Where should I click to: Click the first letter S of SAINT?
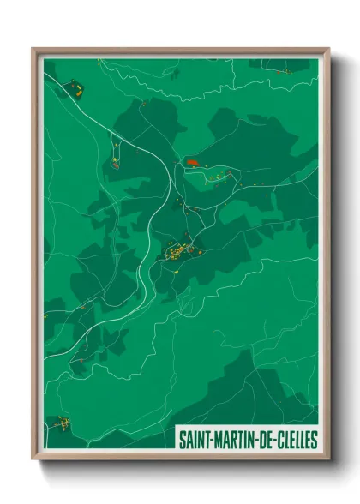[181, 440]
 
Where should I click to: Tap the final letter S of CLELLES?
[315, 440]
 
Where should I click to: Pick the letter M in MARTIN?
[217, 440]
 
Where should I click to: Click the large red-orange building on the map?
[191, 161]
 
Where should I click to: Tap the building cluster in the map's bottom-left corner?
[59, 423]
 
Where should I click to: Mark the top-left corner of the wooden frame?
[34, 50]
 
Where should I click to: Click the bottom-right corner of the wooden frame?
[327, 458]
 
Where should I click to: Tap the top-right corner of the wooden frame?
[327, 50]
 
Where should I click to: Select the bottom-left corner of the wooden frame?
[34, 458]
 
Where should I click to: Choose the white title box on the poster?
[247, 440]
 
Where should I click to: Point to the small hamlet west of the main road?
[115, 159]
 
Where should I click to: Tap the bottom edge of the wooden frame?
[181, 456]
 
